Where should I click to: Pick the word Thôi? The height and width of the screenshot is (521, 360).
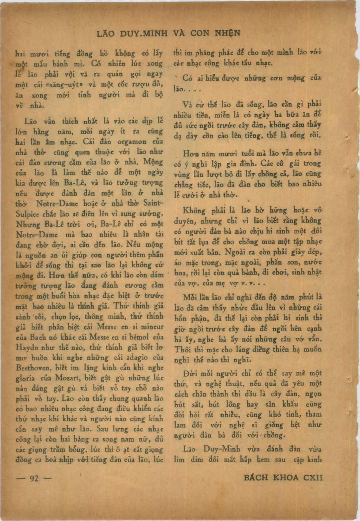pyautogui.click(x=183, y=349)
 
